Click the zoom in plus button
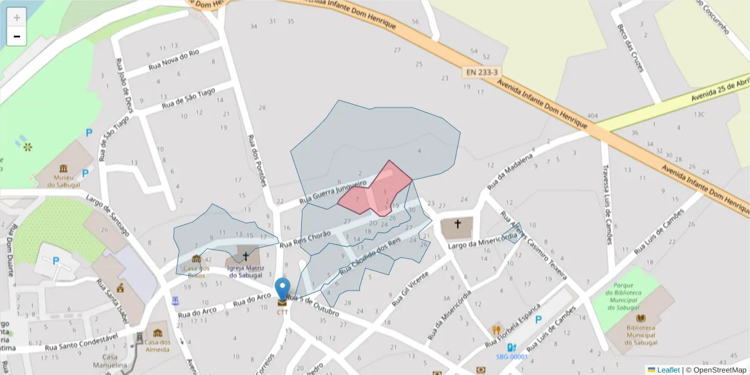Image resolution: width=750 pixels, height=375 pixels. point(17,17)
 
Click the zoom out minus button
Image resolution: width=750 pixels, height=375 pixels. point(17,36)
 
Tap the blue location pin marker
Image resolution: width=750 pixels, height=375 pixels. point(282,289)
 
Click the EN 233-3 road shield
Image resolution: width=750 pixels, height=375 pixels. point(482,72)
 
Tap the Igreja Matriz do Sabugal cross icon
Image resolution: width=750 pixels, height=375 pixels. point(246,256)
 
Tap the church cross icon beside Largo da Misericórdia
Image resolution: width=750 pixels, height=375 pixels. point(457,224)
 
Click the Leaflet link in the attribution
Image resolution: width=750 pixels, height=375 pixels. point(668,370)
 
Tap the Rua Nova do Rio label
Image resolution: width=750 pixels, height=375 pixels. point(174,59)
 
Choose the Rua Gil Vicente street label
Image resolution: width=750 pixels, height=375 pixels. point(411,289)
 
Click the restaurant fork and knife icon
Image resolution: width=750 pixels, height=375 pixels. point(497,329)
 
